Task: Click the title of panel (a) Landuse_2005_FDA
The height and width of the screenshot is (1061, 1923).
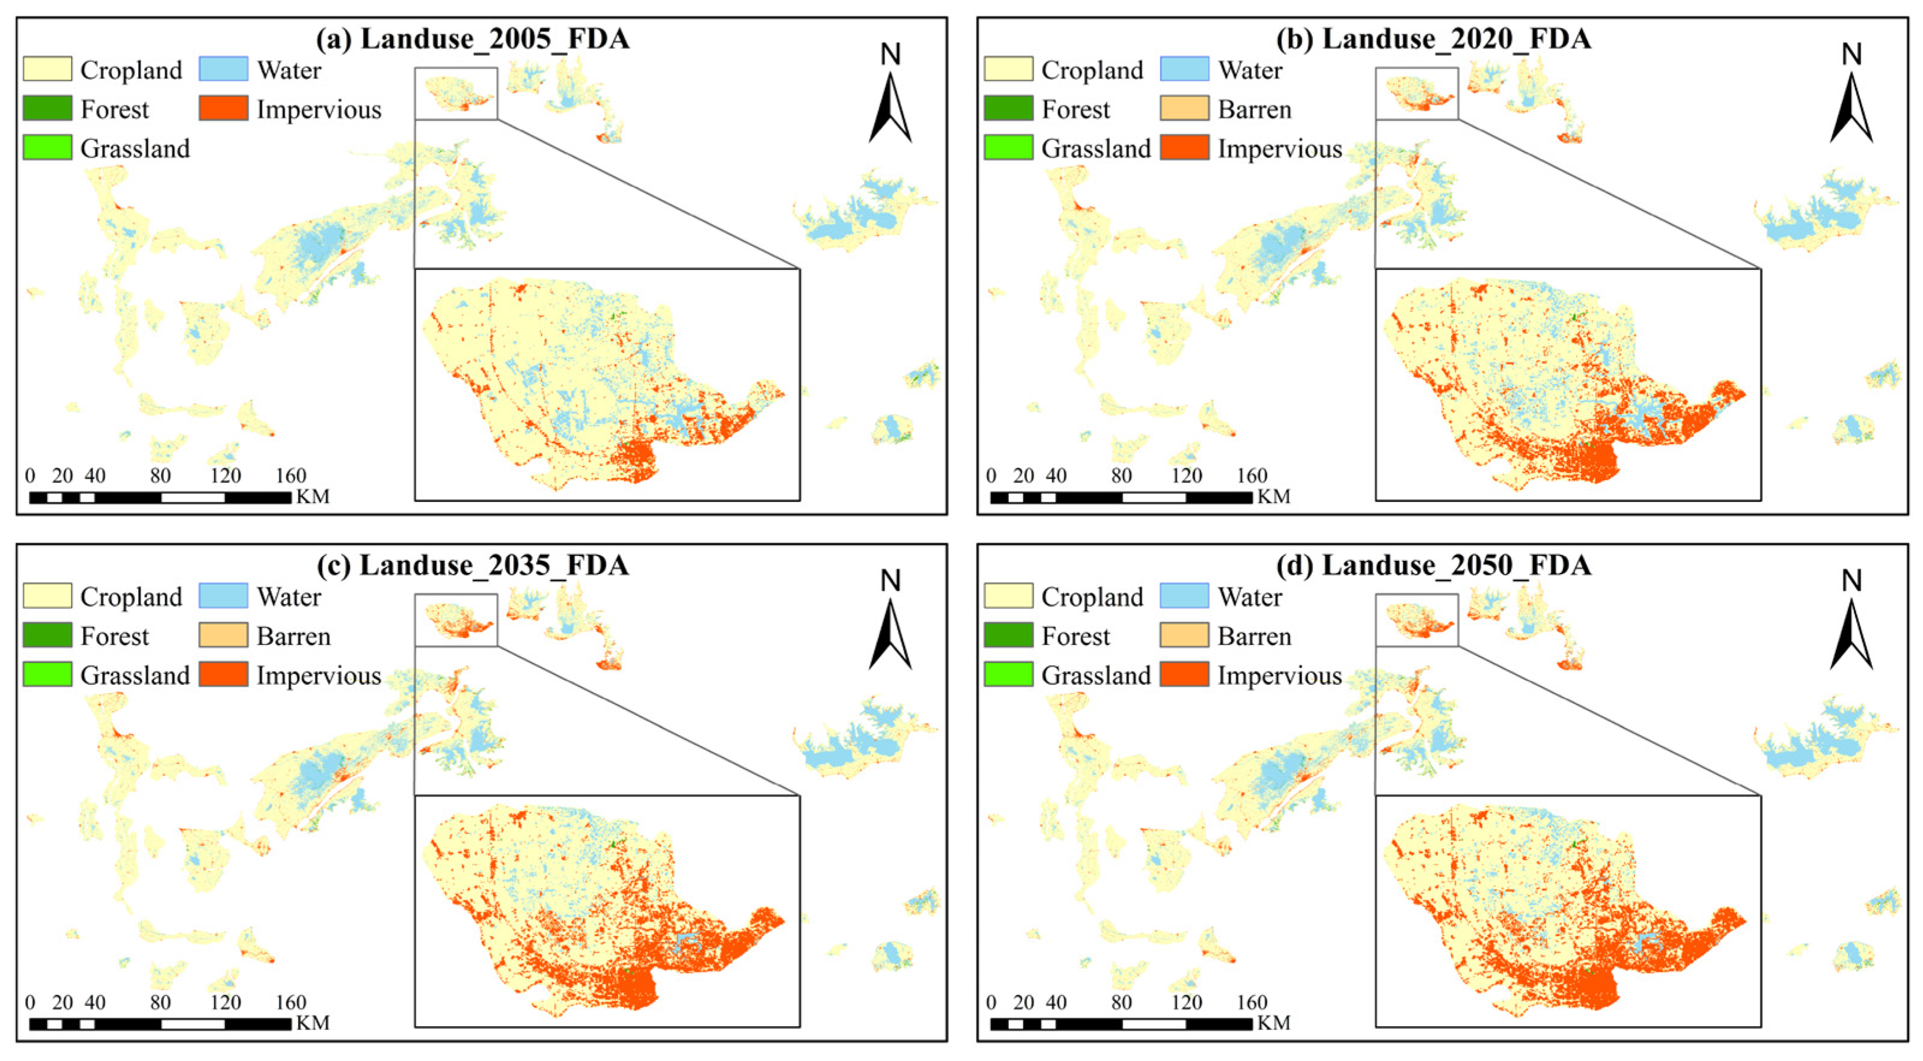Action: pyautogui.click(x=472, y=39)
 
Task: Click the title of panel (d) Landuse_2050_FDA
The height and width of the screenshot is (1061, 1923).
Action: pyautogui.click(x=1433, y=565)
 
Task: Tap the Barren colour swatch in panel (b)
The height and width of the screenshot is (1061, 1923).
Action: pyautogui.click(x=1184, y=108)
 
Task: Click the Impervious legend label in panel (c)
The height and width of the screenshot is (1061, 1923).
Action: pyautogui.click(x=318, y=675)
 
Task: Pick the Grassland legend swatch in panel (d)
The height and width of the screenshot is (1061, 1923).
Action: pyautogui.click(x=1008, y=674)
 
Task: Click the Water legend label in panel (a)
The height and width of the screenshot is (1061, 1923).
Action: pyautogui.click(x=289, y=70)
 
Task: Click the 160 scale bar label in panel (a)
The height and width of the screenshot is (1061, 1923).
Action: pyautogui.click(x=290, y=475)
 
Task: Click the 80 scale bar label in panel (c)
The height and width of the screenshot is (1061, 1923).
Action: pyautogui.click(x=160, y=1002)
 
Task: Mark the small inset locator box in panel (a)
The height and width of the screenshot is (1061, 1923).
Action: pyautogui.click(x=456, y=93)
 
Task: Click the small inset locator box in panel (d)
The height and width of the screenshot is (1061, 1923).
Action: pyautogui.click(x=1416, y=620)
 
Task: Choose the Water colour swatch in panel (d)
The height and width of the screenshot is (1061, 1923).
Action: pyautogui.click(x=1184, y=596)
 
